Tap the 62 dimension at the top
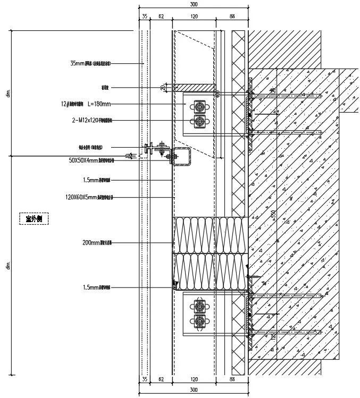(161, 17)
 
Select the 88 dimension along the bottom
(232, 379)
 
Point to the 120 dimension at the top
(194, 17)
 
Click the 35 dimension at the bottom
(144, 379)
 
